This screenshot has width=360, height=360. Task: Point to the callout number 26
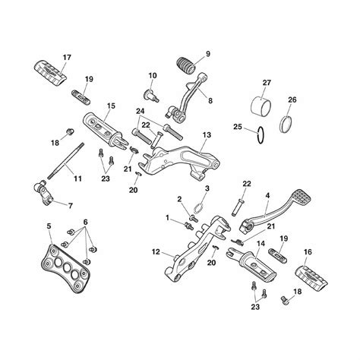point(293,99)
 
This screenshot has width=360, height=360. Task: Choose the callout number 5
point(49,226)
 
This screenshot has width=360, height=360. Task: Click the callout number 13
point(206,134)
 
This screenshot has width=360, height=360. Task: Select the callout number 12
point(155,251)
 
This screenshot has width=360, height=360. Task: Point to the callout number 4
point(267,196)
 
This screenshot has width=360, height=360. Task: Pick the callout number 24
point(141,111)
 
